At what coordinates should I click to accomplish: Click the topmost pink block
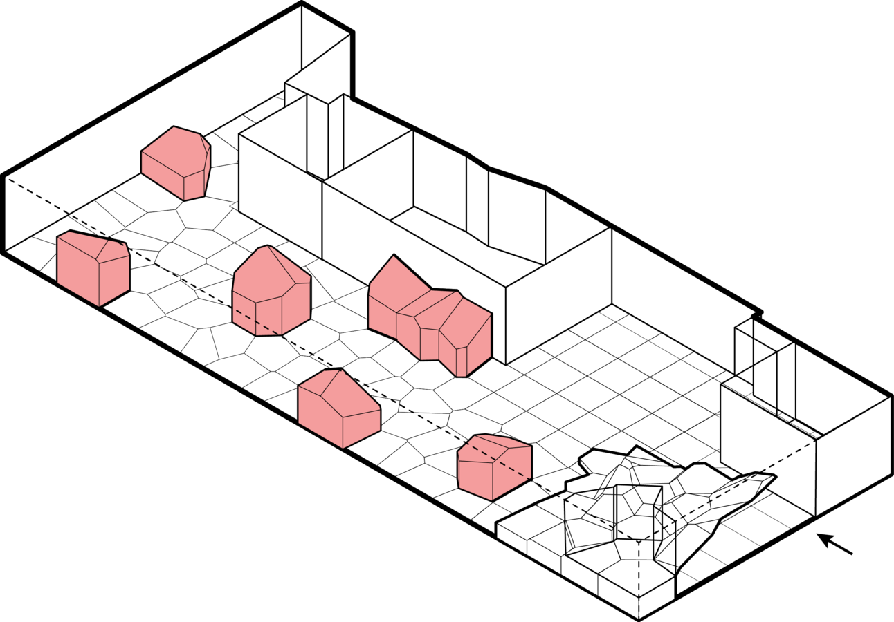tap(176, 162)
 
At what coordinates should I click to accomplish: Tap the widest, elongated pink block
tap(429, 318)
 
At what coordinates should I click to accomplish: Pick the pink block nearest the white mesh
tap(494, 466)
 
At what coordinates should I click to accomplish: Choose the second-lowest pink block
tap(339, 408)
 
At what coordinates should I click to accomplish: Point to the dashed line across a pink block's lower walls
tap(257, 323)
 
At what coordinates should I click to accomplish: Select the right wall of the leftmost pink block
tap(114, 280)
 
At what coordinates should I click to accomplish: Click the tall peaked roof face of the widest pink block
tap(398, 283)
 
